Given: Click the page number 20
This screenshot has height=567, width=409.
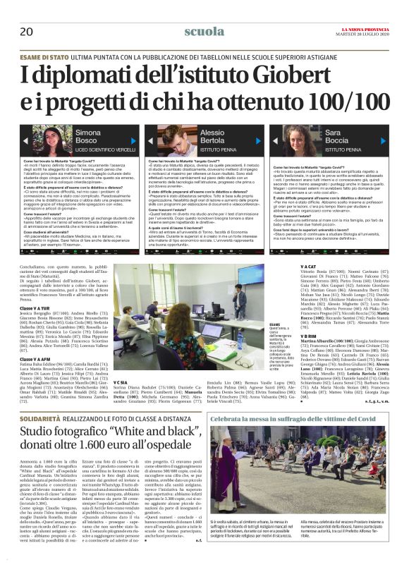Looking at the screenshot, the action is click(x=26, y=31).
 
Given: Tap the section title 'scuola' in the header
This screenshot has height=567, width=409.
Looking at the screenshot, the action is click(x=204, y=32).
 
